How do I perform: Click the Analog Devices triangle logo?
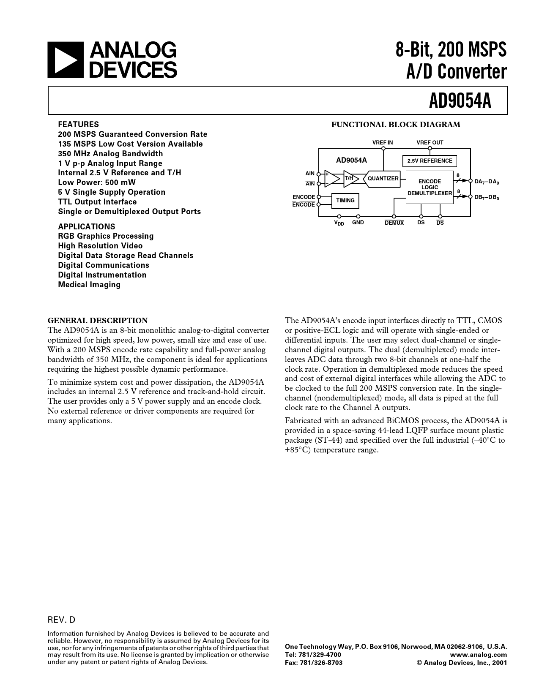[63, 60]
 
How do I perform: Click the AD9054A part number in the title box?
[460, 101]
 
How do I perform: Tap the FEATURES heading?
[78, 125]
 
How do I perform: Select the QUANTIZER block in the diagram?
[382, 179]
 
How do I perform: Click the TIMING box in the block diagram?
[345, 201]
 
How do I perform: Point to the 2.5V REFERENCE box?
[430, 161]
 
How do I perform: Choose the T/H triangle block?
[350, 179]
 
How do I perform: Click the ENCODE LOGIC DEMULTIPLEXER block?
[430, 187]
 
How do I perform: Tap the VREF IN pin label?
[383, 143]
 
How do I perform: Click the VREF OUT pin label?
[430, 143]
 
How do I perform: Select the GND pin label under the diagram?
[358, 223]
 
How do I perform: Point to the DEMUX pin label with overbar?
[394, 223]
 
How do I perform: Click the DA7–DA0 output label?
[487, 182]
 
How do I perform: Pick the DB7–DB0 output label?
[487, 198]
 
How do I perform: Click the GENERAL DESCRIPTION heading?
[98, 320]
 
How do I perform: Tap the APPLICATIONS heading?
[86, 226]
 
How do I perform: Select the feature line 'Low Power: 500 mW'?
[97, 182]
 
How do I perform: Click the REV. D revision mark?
[61, 620]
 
